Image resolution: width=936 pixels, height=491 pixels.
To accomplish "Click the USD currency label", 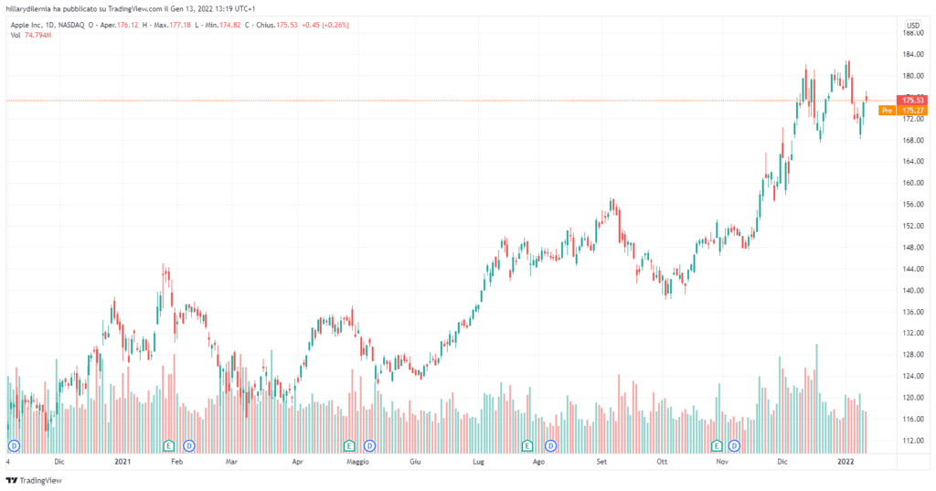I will tap(912, 25).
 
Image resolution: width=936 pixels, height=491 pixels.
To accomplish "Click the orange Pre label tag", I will tap(886, 111).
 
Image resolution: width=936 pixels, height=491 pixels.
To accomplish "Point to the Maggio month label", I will tap(357, 463).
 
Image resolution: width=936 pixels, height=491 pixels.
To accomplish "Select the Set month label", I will tap(601, 463).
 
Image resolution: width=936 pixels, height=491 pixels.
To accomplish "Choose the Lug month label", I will tap(478, 463).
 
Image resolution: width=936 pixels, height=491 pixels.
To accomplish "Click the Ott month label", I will tap(661, 463).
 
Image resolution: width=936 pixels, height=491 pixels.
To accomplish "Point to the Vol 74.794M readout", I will tap(31, 35).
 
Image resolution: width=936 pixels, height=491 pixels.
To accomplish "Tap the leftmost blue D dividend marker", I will tap(15, 445).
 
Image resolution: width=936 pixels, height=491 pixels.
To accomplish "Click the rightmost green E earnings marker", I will tap(717, 445).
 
